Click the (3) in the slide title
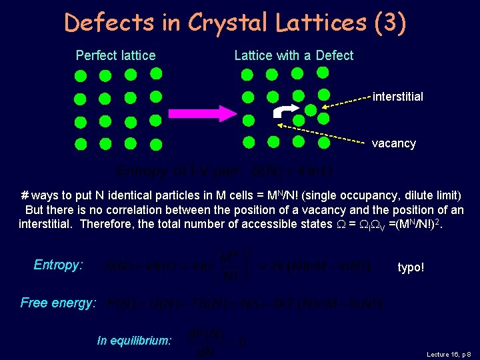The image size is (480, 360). point(389,23)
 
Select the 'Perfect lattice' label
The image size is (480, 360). point(115,55)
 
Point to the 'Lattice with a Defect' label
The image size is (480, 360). point(293,55)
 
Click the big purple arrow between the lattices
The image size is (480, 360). point(200,111)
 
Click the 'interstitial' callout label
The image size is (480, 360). point(397,97)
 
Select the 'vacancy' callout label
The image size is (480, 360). point(393,143)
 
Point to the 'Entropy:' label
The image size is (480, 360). point(58,265)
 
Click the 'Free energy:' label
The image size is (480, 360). point(58,303)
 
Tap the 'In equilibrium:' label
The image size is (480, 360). point(134,341)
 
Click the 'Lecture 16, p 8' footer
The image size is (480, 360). point(448,354)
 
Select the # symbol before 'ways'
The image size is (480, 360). point(25,195)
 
